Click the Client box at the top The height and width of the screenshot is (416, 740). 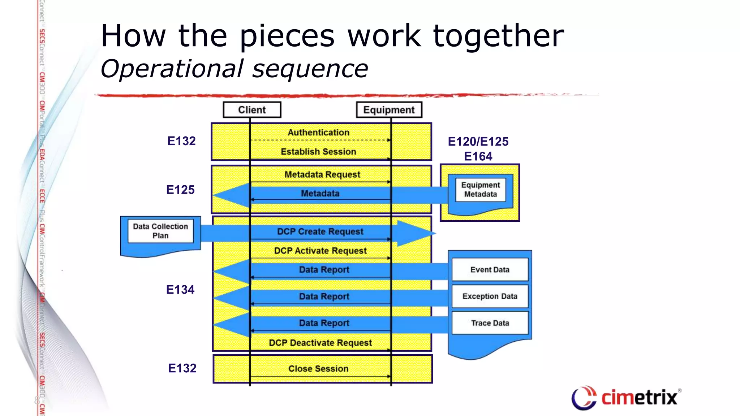(252, 110)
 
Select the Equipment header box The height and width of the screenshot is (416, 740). (389, 110)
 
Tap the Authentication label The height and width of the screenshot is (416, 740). (318, 133)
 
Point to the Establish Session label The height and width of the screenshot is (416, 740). (318, 152)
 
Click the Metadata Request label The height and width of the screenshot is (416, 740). (322, 175)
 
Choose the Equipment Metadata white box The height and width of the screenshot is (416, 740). (480, 190)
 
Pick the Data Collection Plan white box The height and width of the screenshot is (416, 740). (160, 231)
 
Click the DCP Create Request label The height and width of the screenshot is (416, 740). (320, 231)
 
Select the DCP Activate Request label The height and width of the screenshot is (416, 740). (320, 251)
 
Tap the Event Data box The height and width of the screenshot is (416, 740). (490, 270)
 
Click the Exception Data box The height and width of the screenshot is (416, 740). (490, 296)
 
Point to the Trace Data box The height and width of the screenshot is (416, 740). (490, 323)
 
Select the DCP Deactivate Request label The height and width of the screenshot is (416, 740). (320, 343)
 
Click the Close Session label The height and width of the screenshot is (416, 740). (318, 369)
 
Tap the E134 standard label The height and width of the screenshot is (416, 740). (180, 290)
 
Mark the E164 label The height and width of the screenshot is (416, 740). (478, 156)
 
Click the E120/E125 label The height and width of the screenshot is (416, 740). (478, 142)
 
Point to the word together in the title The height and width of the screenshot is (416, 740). (498, 36)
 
